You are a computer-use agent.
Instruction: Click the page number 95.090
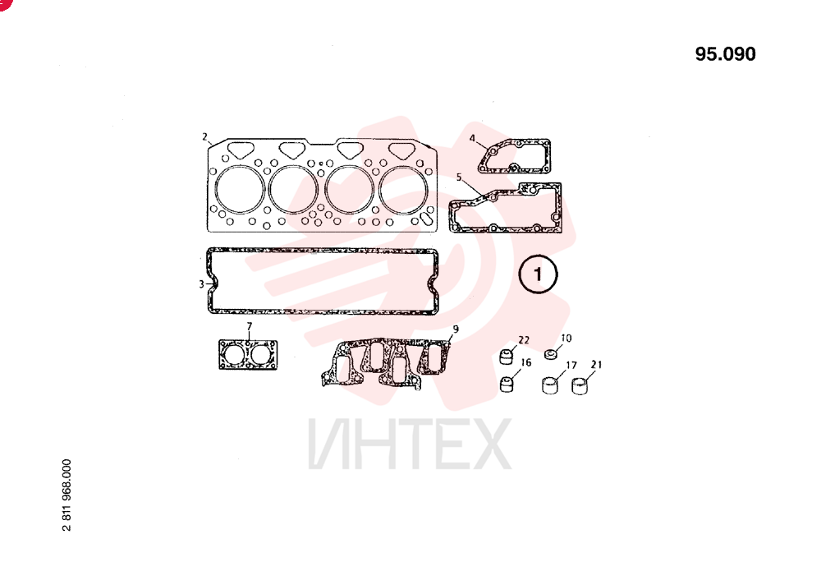click(725, 54)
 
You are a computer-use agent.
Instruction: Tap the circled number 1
click(538, 274)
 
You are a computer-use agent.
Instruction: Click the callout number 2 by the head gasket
click(204, 137)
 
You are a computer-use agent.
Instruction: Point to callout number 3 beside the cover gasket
click(202, 284)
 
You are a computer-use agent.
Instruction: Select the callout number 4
click(472, 138)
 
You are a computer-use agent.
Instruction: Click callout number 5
click(459, 177)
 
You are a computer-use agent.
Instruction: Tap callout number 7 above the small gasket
click(250, 326)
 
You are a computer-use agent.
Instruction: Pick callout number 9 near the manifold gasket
click(456, 329)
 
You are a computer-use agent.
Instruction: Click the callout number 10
click(566, 339)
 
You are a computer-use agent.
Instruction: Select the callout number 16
click(526, 362)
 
